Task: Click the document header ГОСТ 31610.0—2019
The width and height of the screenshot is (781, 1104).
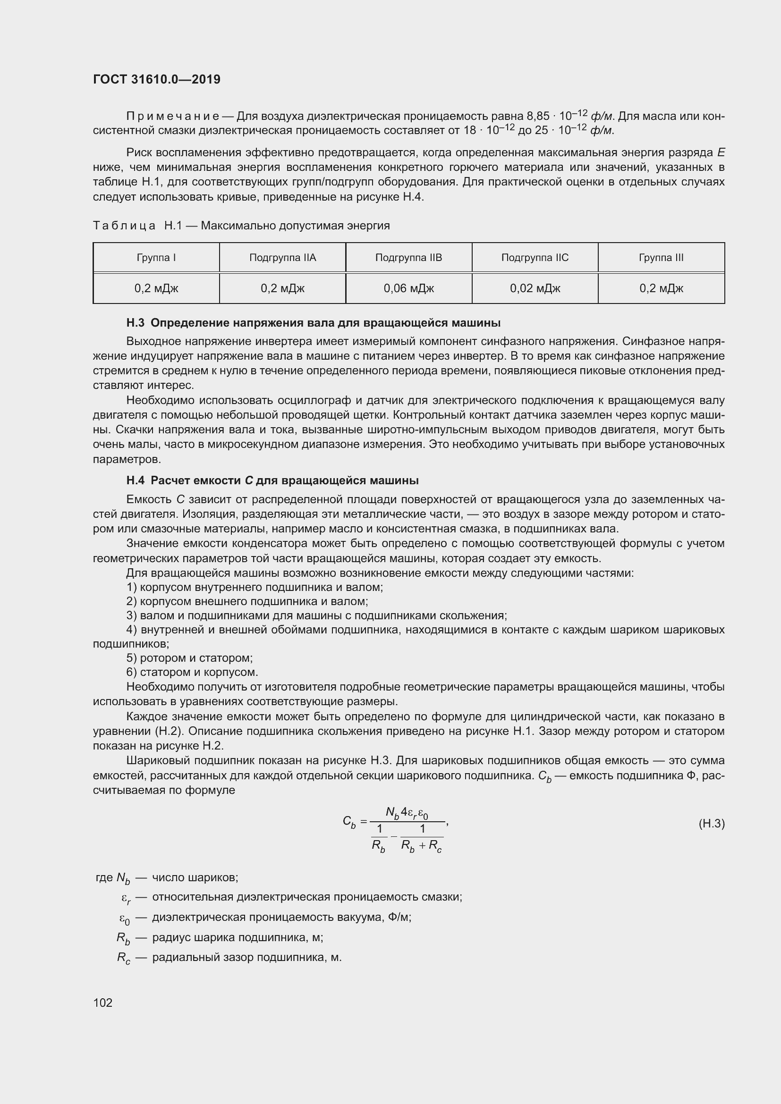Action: (157, 79)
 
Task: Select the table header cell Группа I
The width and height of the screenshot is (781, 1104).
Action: (156, 258)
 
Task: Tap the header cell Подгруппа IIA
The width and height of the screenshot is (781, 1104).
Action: (282, 258)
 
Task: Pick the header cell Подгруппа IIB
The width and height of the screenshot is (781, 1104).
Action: (408, 258)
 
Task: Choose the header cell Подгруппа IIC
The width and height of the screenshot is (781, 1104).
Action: (535, 258)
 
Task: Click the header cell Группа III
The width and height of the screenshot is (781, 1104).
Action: (661, 258)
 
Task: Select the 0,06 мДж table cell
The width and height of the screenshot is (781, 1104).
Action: (408, 288)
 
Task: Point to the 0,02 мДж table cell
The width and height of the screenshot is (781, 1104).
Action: (535, 288)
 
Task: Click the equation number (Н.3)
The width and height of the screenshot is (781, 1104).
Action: (711, 824)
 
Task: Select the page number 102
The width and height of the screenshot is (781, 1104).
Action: (102, 1003)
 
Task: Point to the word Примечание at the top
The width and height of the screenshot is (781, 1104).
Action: (173, 117)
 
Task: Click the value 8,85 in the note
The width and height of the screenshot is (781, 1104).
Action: (538, 117)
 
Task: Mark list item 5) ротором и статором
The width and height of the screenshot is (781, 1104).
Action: (189, 658)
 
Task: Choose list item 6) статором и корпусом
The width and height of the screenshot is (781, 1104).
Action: (192, 672)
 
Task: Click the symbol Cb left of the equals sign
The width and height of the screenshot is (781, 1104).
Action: (349, 822)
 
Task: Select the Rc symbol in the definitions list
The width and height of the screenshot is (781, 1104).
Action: (124, 957)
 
